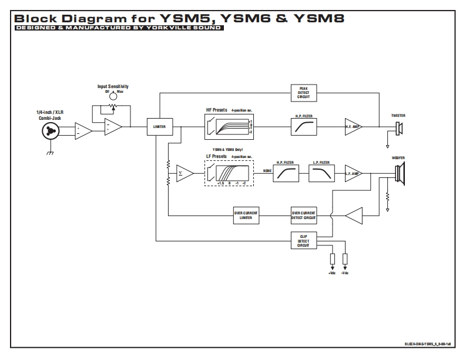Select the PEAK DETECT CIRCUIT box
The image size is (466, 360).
pyautogui.click(x=303, y=92)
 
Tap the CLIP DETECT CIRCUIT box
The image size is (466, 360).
pyautogui.click(x=303, y=240)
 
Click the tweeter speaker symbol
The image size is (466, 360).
pyautogui.click(x=399, y=127)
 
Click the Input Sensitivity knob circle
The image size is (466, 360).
pyautogui.click(x=113, y=96)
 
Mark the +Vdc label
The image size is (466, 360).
pyautogui.click(x=332, y=274)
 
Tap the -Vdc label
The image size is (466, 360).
pyautogui.click(x=345, y=274)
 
